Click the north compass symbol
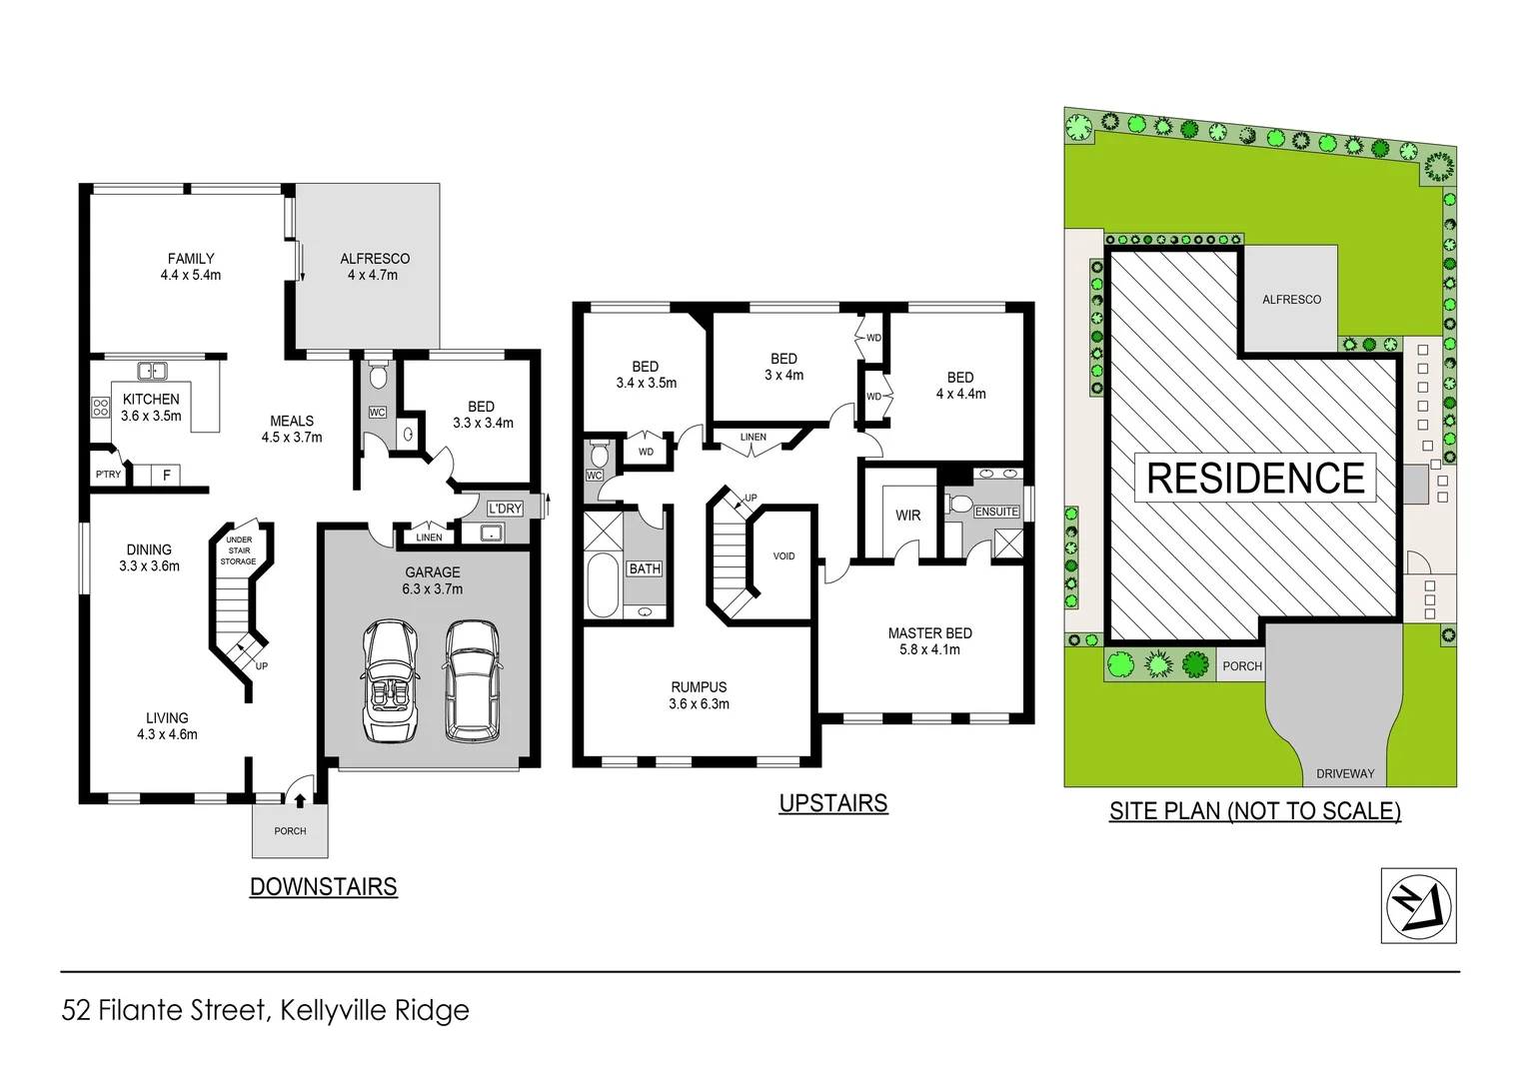point(1418,905)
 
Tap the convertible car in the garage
point(390,681)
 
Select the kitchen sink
point(152,371)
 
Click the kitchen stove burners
point(100,407)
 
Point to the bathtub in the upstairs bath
point(603,585)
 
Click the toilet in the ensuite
point(959,503)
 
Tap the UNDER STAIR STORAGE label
point(239,550)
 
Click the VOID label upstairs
point(783,556)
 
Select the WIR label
point(907,516)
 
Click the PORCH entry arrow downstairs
point(298,798)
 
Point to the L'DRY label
point(505,509)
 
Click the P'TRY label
point(108,475)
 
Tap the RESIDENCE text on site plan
point(1255,479)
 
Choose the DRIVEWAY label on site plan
point(1344,773)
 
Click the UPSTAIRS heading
point(832,803)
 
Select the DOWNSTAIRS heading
point(323,886)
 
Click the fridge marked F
point(166,476)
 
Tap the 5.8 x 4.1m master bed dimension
point(929,649)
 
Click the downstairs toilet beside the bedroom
point(377,377)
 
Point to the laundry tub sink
point(491,534)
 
